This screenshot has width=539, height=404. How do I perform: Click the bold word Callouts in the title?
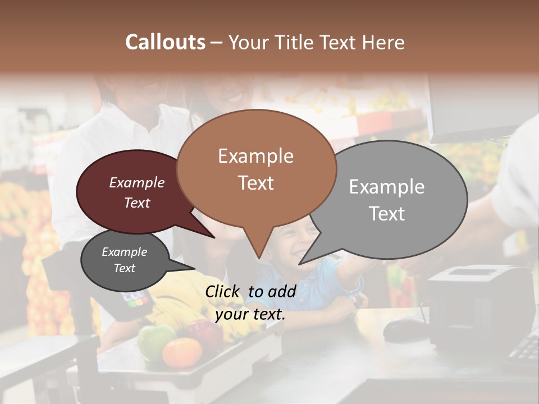165,42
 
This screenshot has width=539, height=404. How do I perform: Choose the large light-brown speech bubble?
256,168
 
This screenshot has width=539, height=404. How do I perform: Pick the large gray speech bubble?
393,199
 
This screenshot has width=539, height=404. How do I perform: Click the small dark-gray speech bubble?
125,260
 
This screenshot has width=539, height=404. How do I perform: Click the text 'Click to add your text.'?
250,302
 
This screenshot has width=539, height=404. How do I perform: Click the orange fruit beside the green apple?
182,352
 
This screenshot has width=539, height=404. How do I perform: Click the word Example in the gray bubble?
387,187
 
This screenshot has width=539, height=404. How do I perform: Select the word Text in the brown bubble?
256,183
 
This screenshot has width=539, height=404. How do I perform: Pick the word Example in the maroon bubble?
137,183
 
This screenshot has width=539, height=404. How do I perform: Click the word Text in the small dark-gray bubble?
125,268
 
